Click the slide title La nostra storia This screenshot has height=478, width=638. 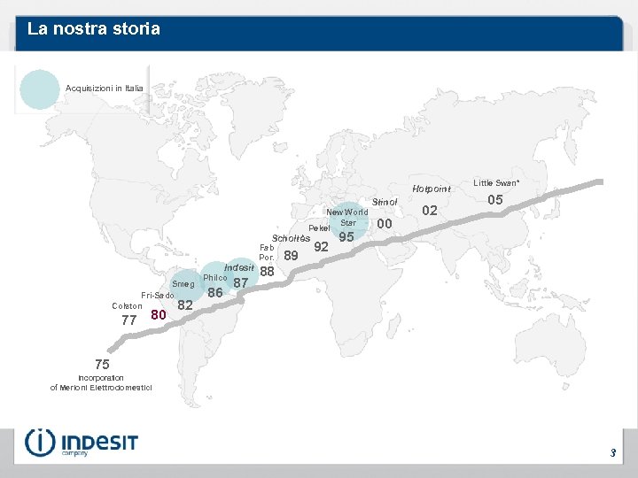[x=93, y=29]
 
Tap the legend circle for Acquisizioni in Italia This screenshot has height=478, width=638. [x=38, y=89]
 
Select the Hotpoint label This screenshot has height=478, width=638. [x=432, y=189]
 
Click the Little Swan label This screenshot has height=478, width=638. [x=495, y=182]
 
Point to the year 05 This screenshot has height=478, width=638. [x=495, y=200]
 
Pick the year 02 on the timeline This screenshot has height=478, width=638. [x=431, y=210]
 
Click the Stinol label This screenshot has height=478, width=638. [x=385, y=203]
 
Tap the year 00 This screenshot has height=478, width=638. [x=385, y=224]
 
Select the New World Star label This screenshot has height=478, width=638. [x=347, y=217]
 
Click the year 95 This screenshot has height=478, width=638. [x=346, y=237]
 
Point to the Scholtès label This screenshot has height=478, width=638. [x=291, y=239]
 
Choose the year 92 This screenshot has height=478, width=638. [x=322, y=246]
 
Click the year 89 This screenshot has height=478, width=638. [x=291, y=257]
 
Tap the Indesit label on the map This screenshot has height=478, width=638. [x=239, y=267]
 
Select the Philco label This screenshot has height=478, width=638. [x=215, y=278]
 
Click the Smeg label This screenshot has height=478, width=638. [x=183, y=284]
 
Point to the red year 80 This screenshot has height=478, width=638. [x=159, y=315]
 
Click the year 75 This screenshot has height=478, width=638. [x=103, y=364]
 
